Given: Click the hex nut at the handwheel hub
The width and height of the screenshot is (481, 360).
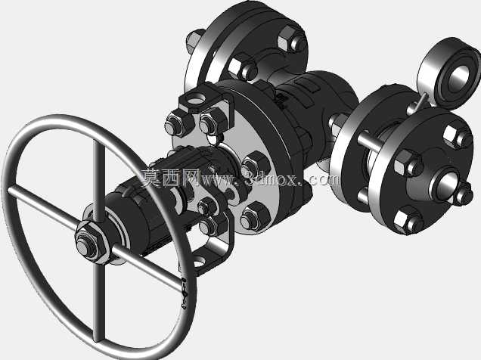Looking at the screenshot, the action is [x=92, y=242].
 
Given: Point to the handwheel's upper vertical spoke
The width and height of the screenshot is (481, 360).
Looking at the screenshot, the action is [x=99, y=181].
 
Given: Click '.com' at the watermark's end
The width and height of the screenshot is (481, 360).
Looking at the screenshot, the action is [x=322, y=178].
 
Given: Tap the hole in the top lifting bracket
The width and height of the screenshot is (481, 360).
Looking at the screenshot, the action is [x=197, y=100].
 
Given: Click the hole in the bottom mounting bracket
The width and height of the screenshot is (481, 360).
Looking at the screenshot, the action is [x=199, y=262].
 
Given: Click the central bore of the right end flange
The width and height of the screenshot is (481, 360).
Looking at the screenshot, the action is [x=447, y=185].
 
